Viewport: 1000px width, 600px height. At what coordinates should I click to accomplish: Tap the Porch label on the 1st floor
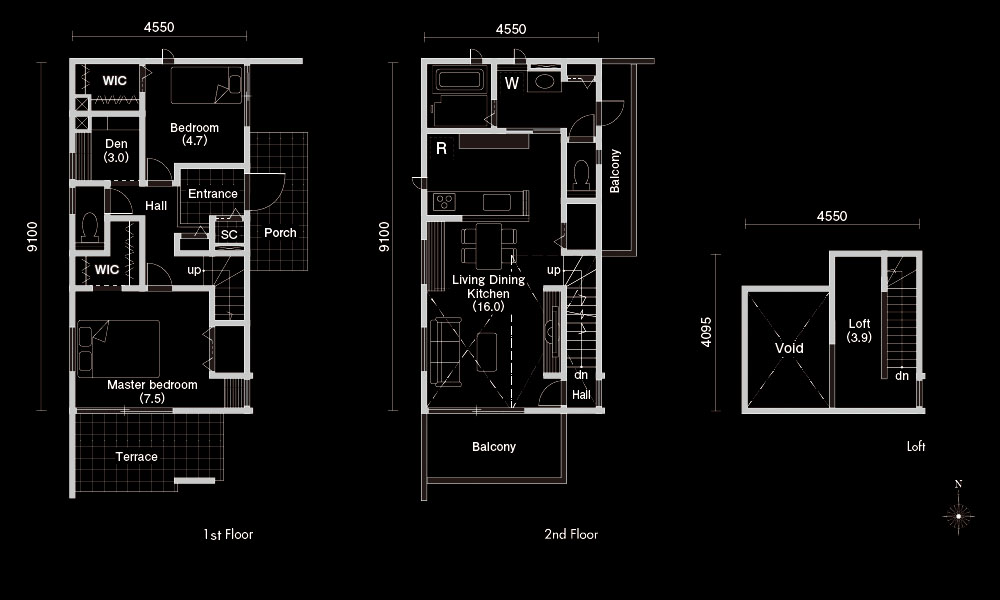point(280,233)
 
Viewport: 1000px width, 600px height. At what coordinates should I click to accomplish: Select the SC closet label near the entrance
point(229,235)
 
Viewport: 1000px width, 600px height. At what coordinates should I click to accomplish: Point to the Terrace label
point(136,457)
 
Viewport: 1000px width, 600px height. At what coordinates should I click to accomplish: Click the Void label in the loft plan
point(789,348)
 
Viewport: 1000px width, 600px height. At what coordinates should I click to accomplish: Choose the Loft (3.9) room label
point(859,330)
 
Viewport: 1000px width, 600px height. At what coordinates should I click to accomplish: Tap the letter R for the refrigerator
point(441,149)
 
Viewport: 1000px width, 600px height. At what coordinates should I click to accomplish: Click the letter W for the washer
point(511,84)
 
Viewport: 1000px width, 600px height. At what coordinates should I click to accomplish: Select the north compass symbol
point(958,515)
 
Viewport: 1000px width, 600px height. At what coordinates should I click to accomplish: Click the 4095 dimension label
point(705,332)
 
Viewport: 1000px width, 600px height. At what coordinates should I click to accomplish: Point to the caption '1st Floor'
point(228,534)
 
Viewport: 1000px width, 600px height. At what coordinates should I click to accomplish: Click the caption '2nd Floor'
point(571,534)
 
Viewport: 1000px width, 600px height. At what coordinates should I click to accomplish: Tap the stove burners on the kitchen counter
point(444,203)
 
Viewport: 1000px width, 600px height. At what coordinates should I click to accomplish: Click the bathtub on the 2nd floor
point(459,80)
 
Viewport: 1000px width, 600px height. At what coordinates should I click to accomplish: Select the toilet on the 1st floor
point(90,227)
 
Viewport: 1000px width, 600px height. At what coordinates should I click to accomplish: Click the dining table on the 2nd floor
point(489,245)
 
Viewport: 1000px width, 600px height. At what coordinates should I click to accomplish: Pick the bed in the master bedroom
point(119,349)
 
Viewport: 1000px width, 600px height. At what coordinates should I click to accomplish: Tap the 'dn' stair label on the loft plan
point(902,376)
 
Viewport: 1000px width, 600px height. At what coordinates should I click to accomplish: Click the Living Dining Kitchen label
point(489,293)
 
